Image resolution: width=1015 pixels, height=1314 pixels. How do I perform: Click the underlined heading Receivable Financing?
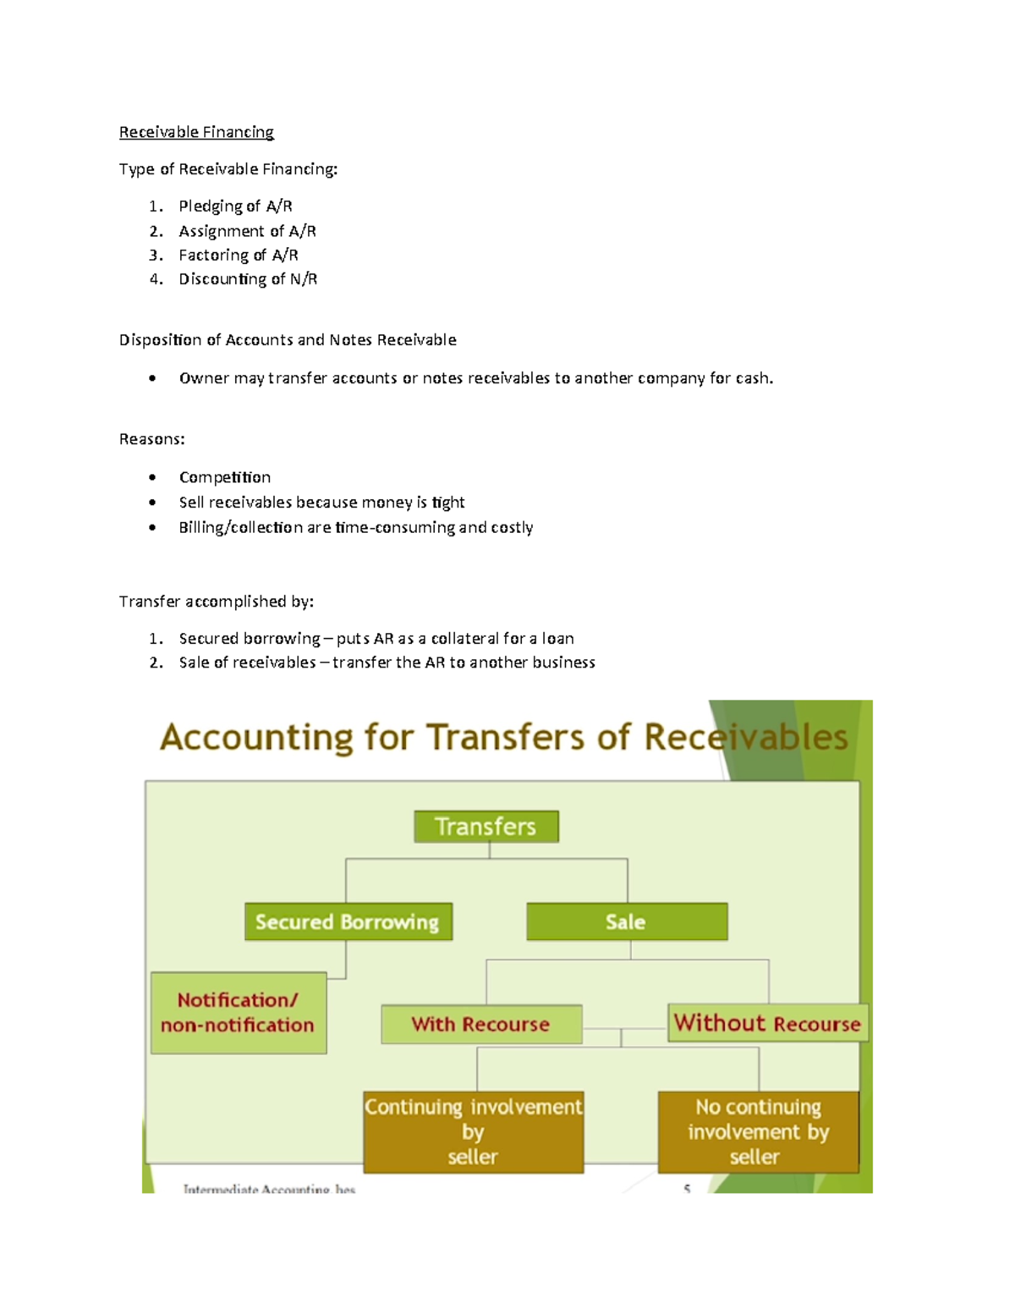pos(196,132)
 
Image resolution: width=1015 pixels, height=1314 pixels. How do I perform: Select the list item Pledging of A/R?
pos(235,206)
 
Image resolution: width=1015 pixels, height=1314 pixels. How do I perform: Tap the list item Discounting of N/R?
pos(248,279)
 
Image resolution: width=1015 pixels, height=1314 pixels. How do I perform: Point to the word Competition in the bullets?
pos(225,477)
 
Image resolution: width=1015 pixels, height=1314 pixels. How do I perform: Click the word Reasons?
pos(151,439)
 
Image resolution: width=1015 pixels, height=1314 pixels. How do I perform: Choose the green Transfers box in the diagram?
pos(486,827)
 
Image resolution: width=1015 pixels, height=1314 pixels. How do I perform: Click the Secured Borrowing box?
pos(348,922)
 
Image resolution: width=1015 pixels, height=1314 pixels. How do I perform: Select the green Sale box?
pos(626,922)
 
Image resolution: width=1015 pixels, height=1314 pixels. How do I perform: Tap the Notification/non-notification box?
pos(238,1013)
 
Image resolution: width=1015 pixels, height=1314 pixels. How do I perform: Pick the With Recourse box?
pos(480,1025)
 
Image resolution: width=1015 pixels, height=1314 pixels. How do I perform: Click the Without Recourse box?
pos(767,1024)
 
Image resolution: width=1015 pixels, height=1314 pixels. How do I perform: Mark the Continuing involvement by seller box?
pos(473,1132)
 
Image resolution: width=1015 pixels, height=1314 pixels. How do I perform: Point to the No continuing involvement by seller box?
pos(758,1132)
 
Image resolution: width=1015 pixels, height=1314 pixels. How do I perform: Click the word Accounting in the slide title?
pos(255,738)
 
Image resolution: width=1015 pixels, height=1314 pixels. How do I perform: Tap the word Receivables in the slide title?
pos(745,738)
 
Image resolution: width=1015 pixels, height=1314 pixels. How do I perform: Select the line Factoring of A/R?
pos(238,256)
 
